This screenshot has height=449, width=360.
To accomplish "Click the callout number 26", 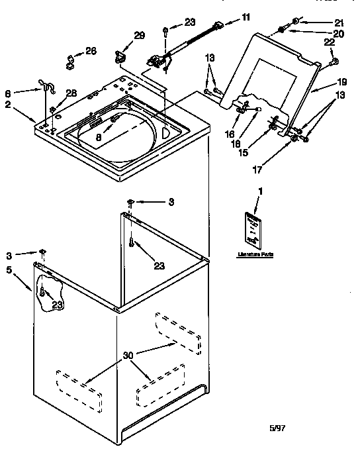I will click(91, 50).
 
